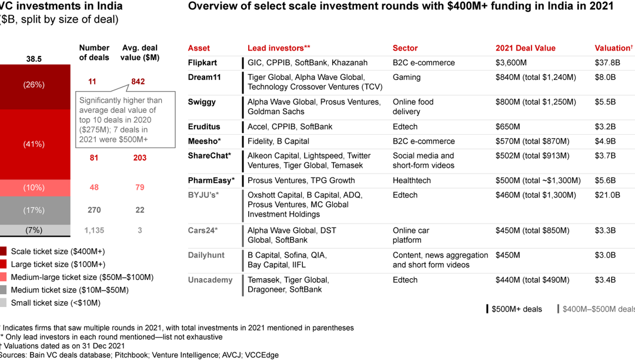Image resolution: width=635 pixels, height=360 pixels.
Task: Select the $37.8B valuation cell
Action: click(607, 63)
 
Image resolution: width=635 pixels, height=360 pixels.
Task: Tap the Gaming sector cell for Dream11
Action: click(407, 77)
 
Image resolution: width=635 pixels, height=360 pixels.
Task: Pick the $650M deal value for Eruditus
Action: click(509, 126)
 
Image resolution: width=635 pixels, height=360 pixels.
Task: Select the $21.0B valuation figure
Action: click(607, 195)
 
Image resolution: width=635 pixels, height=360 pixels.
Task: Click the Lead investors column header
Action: click(279, 48)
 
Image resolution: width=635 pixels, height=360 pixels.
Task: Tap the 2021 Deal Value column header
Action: click(525, 48)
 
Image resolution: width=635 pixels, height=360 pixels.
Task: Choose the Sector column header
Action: click(405, 48)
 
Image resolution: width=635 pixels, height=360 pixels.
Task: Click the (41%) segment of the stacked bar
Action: click(34, 144)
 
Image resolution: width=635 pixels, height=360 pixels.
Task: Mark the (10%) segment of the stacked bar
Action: click(34, 188)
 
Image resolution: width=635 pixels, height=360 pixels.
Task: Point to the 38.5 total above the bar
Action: click(34, 59)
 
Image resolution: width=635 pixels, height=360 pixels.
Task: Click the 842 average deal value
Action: click(138, 82)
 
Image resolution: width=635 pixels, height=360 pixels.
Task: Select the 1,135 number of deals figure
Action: click(94, 231)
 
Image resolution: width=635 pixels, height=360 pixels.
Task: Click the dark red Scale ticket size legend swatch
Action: click(3, 252)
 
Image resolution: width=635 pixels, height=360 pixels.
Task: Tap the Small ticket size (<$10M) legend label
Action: click(55, 303)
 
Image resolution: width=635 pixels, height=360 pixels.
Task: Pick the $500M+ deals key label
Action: click(517, 309)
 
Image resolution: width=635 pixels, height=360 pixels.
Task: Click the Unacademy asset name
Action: click(210, 280)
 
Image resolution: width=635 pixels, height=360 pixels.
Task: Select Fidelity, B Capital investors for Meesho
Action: click(278, 141)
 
